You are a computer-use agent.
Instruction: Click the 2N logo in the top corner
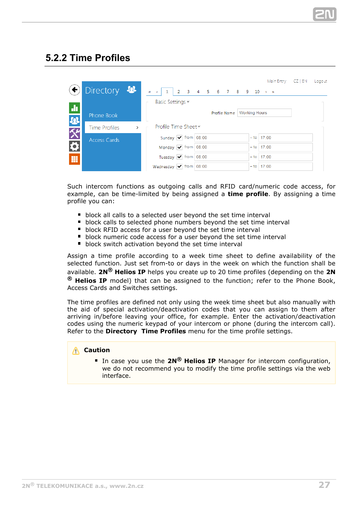[x=324, y=14]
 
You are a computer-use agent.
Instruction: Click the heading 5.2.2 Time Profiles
[x=88, y=58]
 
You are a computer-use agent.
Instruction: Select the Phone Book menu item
[x=103, y=115]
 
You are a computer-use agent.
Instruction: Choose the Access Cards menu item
[x=104, y=140]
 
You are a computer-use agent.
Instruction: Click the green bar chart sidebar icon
[x=74, y=108]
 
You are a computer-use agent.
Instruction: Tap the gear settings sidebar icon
[x=74, y=146]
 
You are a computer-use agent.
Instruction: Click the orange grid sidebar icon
[x=74, y=159]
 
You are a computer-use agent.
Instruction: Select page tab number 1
[x=167, y=92]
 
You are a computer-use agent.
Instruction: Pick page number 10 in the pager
[x=257, y=92]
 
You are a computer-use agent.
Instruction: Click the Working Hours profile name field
[x=264, y=113]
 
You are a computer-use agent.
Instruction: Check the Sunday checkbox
[x=180, y=138]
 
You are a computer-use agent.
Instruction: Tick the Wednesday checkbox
[x=180, y=166]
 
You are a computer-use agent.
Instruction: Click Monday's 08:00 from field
[x=221, y=147]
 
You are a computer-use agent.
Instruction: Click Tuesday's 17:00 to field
[x=285, y=157]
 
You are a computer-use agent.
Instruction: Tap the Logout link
[x=320, y=81]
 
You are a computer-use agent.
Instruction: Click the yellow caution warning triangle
[x=76, y=351]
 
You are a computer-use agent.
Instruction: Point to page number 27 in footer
[x=324, y=485]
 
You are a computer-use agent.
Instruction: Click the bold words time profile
[x=248, y=194]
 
